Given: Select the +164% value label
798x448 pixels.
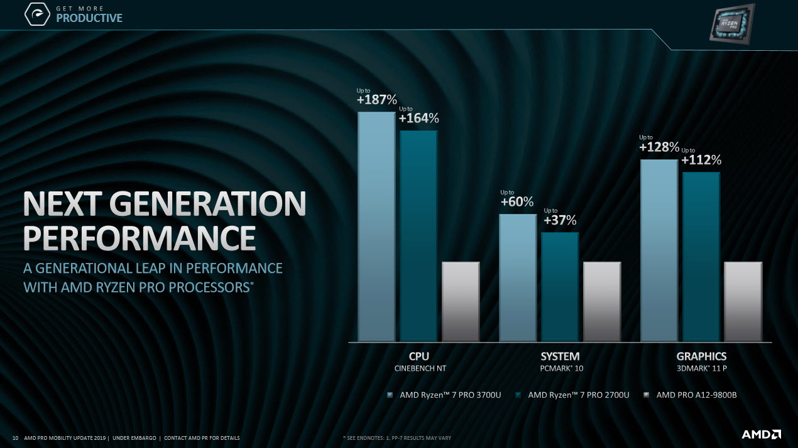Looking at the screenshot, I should click(418, 118).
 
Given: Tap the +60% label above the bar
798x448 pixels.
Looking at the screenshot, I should click(517, 201).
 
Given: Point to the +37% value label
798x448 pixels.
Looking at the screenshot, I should click(560, 220).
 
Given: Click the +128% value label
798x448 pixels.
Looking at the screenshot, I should click(659, 147).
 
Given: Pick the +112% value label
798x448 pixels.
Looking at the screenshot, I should click(701, 160).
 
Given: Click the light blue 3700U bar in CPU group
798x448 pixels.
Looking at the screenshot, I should click(376, 226).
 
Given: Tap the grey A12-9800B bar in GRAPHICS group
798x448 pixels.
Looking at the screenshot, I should click(743, 301).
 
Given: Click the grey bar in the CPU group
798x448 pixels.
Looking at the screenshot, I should click(461, 301).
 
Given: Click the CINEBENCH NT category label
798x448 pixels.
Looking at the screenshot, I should click(419, 368).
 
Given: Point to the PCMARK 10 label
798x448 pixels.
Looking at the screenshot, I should click(561, 368).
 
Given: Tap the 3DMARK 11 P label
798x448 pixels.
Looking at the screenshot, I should click(701, 368).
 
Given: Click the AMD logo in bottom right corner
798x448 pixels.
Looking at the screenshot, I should click(761, 434).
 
